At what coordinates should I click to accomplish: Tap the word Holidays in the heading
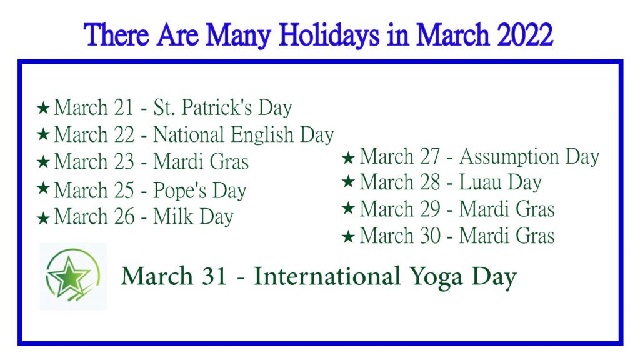[329, 36]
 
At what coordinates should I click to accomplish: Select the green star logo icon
[73, 277]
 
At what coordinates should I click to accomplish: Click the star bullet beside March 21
[43, 107]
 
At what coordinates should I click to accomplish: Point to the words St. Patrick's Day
[222, 107]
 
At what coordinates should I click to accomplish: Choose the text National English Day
[244, 135]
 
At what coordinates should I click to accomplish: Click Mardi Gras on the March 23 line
[201, 161]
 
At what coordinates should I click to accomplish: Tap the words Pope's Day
[200, 190]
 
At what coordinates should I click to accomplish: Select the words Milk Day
[194, 216]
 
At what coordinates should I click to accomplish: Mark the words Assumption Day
[529, 156]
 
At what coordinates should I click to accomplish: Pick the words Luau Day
[501, 182]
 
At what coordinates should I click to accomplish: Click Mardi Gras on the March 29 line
[507, 209]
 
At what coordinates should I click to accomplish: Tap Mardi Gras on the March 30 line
[507, 236]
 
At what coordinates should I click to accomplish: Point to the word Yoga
[436, 277]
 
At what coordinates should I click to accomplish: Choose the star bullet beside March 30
[348, 236]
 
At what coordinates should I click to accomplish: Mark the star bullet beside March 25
[43, 188]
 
